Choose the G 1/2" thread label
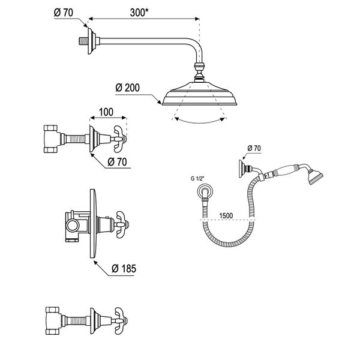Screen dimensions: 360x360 tap(197, 179)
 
